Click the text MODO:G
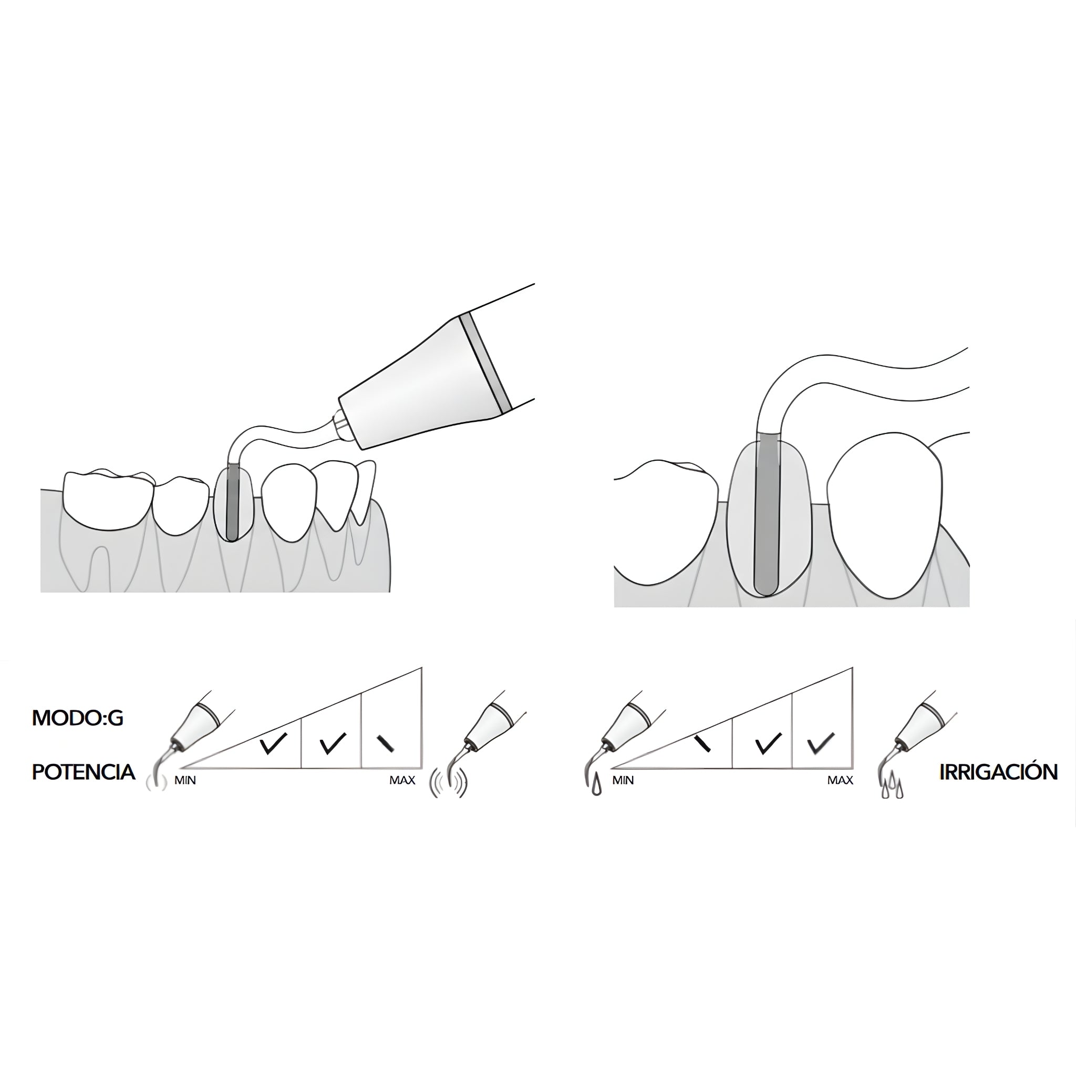(77, 718)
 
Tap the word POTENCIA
(84, 772)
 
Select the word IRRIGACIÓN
(998, 772)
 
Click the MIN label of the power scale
(185, 781)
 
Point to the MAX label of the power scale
(402, 780)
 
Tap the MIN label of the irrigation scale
(623, 781)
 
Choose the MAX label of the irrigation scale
(840, 780)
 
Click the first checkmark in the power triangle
(273, 743)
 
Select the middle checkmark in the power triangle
(333, 743)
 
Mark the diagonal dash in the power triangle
(386, 743)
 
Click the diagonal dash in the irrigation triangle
(703, 743)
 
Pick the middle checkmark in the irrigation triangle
(768, 743)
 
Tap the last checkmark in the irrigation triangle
(821, 743)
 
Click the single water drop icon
(597, 785)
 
